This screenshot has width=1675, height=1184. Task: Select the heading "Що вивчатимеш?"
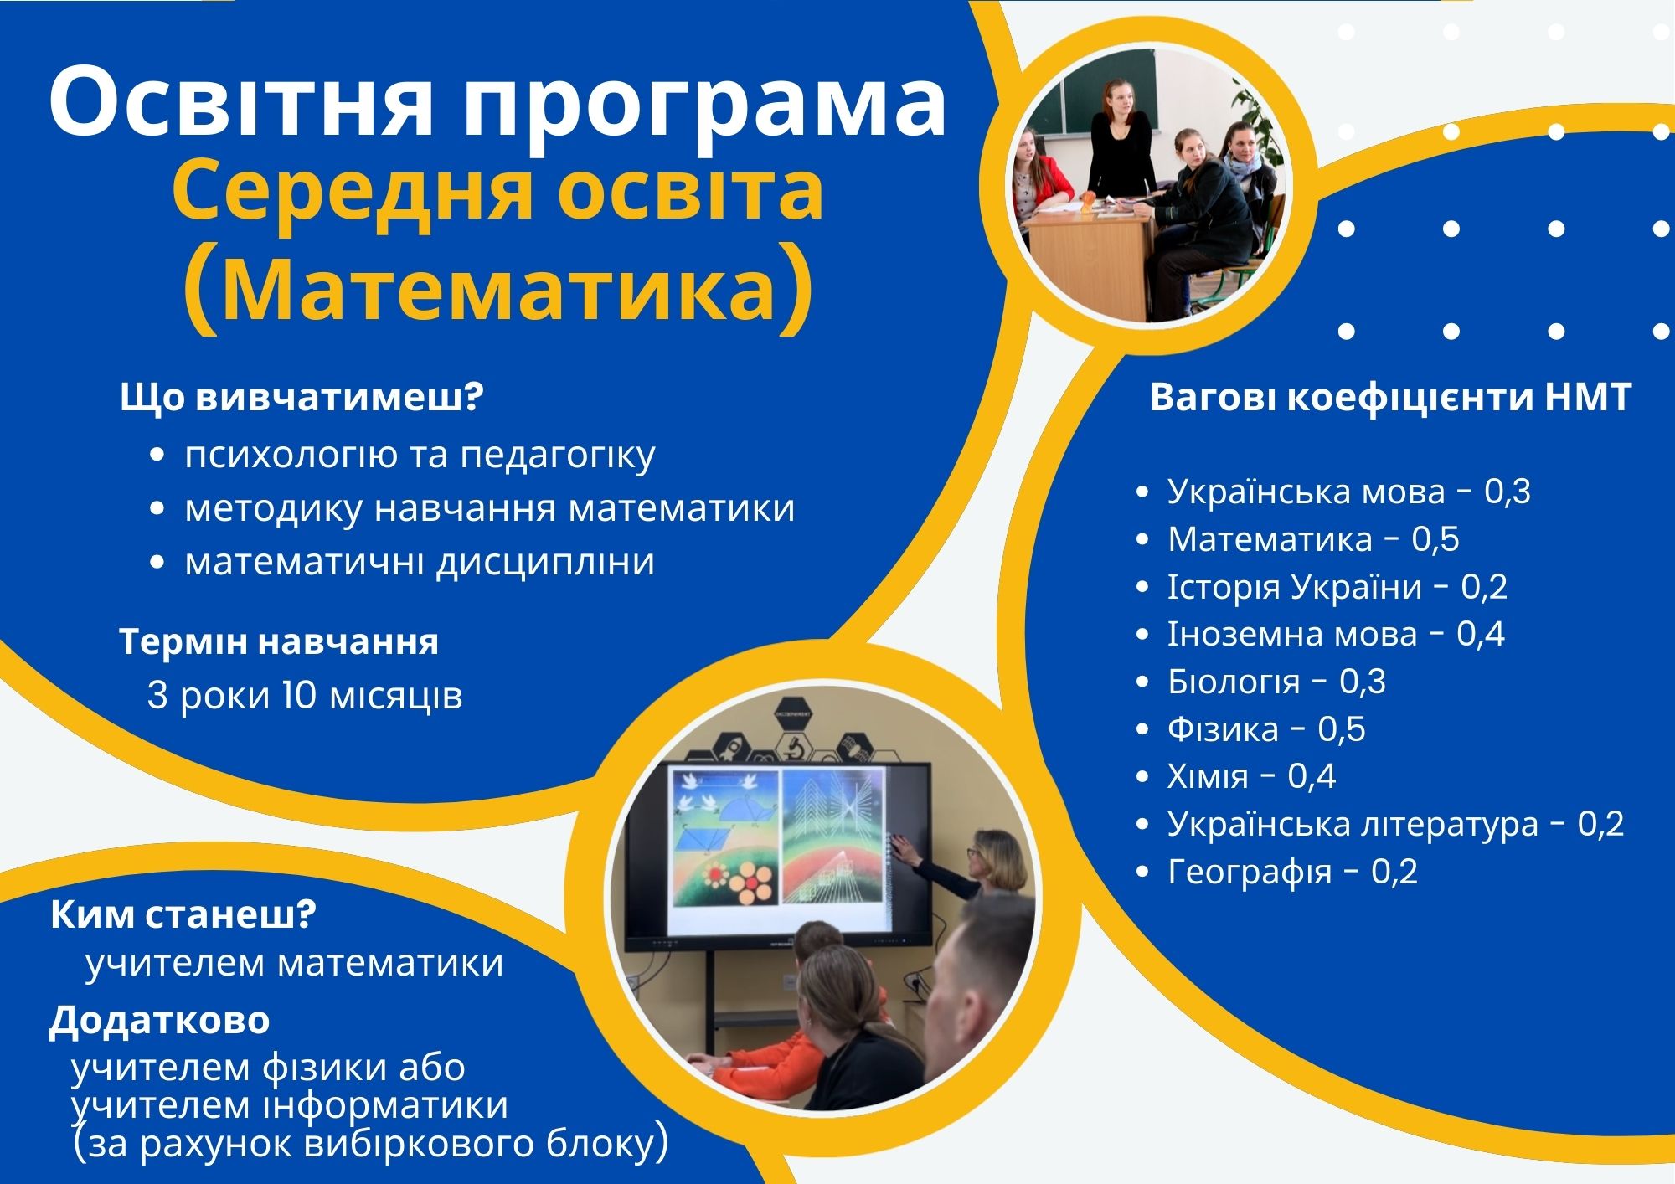pos(302,397)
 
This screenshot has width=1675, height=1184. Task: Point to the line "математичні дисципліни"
pos(420,562)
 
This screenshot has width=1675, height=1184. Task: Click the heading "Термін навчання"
pos(279,642)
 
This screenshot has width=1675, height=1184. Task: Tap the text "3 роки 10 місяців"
pos(305,695)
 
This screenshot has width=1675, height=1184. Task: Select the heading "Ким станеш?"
pos(183,915)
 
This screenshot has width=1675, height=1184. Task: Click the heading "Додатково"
pos(160,1021)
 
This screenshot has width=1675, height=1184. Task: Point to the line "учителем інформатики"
pos(290,1105)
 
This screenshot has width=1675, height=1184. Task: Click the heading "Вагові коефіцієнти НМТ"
pos(1391,397)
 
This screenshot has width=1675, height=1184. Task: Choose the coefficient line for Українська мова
pos(1349,492)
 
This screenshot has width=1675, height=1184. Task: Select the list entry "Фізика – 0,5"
pos(1266,729)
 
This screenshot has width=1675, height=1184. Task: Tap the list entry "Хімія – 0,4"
pos(1251,777)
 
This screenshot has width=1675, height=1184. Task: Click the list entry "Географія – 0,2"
pos(1292,873)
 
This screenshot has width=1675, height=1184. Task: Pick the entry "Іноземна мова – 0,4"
pos(1336,634)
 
